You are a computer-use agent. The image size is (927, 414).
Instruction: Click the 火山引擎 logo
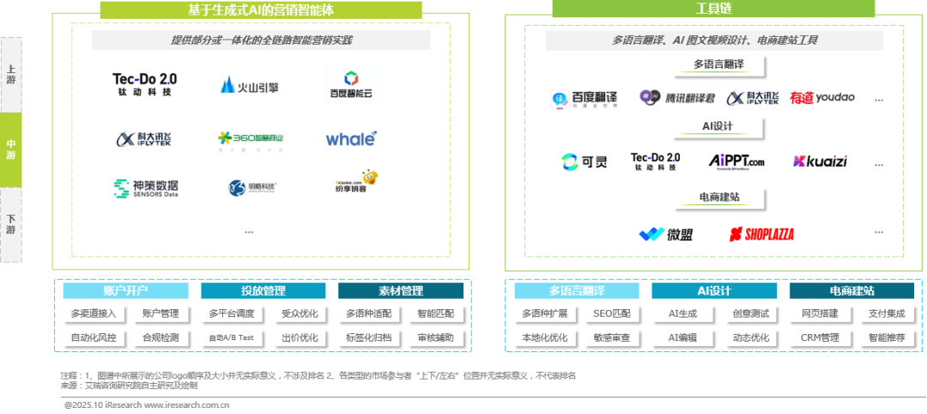(250, 84)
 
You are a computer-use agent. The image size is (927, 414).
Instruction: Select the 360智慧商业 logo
(252, 140)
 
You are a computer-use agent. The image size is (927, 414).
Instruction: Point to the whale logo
(351, 138)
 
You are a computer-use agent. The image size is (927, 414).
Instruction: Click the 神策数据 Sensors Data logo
(146, 188)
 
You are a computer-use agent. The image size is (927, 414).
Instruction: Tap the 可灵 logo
(584, 161)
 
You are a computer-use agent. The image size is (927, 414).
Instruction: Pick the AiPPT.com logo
(736, 161)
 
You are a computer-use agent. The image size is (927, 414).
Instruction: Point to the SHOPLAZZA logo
(761, 234)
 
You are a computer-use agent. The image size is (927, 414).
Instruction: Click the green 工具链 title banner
(714, 9)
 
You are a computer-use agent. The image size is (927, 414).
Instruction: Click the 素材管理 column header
(401, 291)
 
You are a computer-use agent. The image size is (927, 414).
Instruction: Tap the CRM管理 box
(819, 338)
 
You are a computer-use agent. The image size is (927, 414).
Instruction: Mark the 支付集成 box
(888, 314)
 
